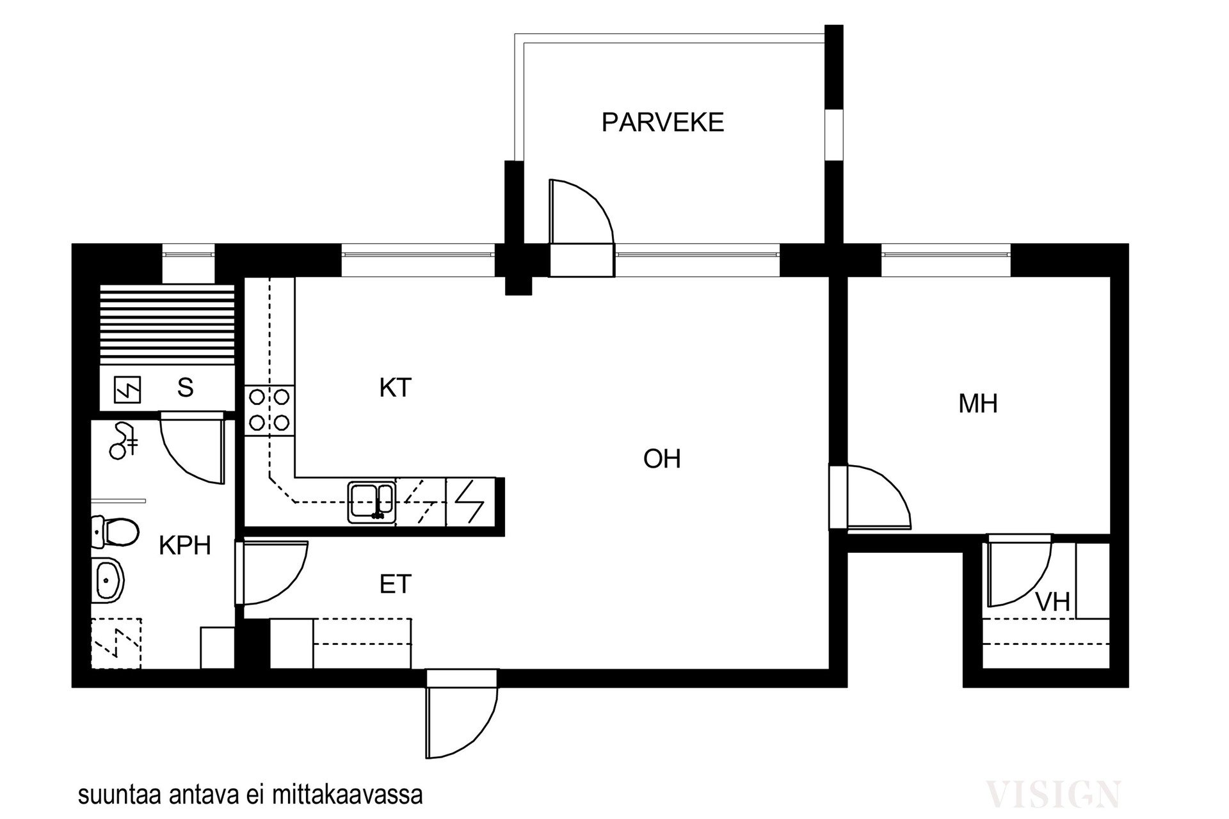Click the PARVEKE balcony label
click(663, 122)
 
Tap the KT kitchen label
click(395, 388)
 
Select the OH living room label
click(662, 459)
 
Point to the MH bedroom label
click(978, 404)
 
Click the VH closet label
click(1053, 602)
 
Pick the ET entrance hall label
click(395, 584)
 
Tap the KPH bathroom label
click(185, 546)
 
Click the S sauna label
click(185, 388)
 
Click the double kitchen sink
click(371, 502)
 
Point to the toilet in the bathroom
click(115, 532)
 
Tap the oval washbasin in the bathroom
click(108, 580)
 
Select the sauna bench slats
click(168, 325)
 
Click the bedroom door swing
click(878, 498)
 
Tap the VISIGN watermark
click(1053, 794)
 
